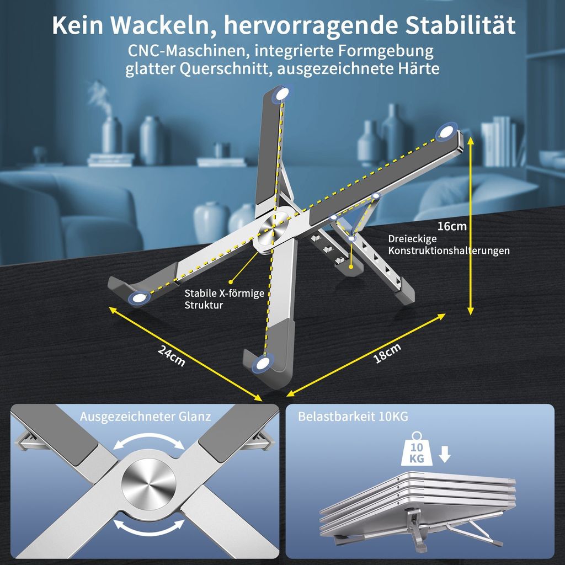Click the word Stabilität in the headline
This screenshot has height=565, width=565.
point(460,25)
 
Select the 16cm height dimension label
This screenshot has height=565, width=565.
point(452,226)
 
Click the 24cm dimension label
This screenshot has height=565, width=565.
point(172,356)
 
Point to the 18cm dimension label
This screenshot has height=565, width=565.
point(387,353)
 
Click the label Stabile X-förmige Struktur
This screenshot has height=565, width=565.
point(225,299)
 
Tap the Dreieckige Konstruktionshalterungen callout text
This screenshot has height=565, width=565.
point(449,244)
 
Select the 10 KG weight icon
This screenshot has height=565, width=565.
point(417,449)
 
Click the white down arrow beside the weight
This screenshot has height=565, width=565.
point(445,454)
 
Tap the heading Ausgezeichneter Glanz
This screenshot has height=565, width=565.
point(145,417)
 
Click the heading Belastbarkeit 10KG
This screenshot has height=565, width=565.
point(353,417)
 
